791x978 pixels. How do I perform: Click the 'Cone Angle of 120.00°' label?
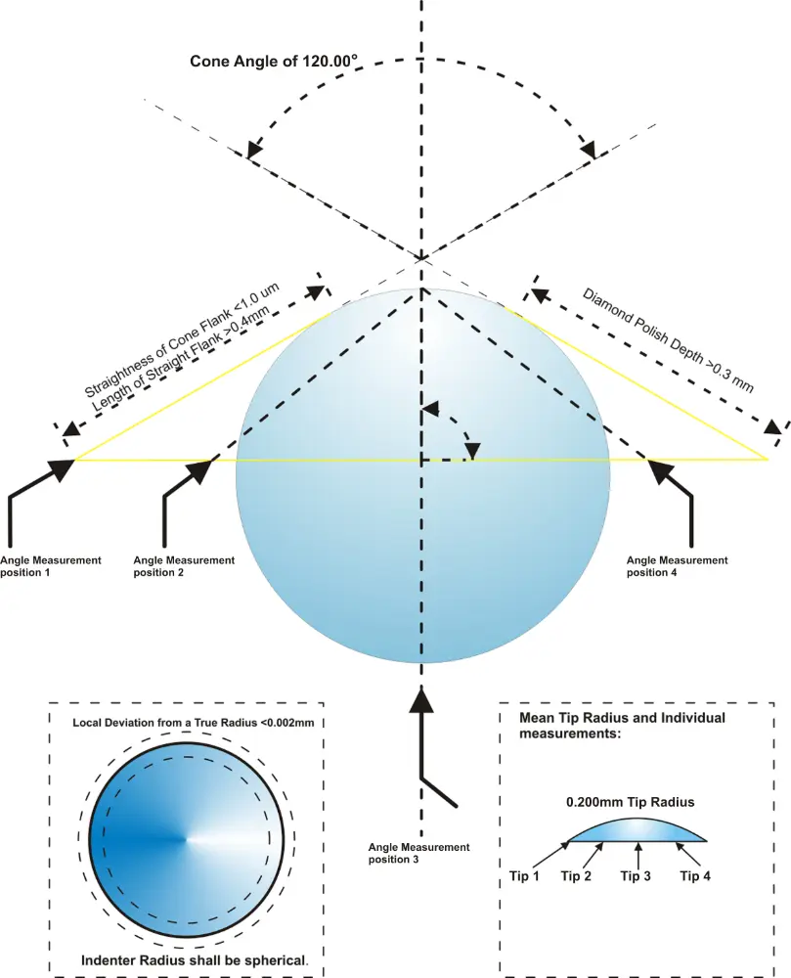(273, 62)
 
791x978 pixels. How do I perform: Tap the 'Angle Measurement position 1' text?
(50, 566)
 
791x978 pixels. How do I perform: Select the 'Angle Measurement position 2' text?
(184, 566)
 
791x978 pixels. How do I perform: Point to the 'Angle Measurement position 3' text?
(418, 853)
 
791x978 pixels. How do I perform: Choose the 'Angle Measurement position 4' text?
(677, 566)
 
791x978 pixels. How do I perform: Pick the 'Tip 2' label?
(575, 876)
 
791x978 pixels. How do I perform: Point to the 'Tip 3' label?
(636, 876)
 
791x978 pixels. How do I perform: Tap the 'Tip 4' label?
(694, 876)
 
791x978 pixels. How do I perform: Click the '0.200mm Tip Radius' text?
(630, 802)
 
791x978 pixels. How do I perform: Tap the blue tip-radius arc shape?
(636, 829)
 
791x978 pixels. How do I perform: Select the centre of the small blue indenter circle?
(187, 838)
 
